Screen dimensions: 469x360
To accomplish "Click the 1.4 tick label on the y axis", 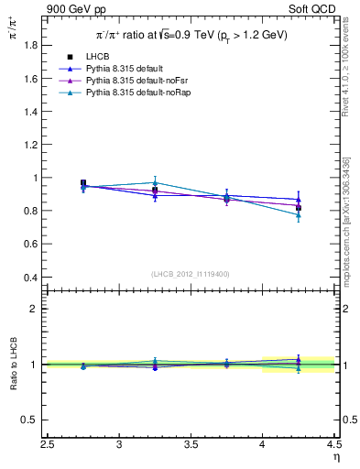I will (x=33, y=111).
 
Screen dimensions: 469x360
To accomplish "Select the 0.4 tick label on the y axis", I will (x=33, y=277).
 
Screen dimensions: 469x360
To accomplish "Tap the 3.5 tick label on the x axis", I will (x=191, y=445).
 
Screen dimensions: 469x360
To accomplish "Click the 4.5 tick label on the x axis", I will (x=333, y=445).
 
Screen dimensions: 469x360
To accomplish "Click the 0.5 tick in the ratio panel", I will (x=33, y=420).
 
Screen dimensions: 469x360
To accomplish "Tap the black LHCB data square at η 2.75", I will (x=83, y=183).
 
